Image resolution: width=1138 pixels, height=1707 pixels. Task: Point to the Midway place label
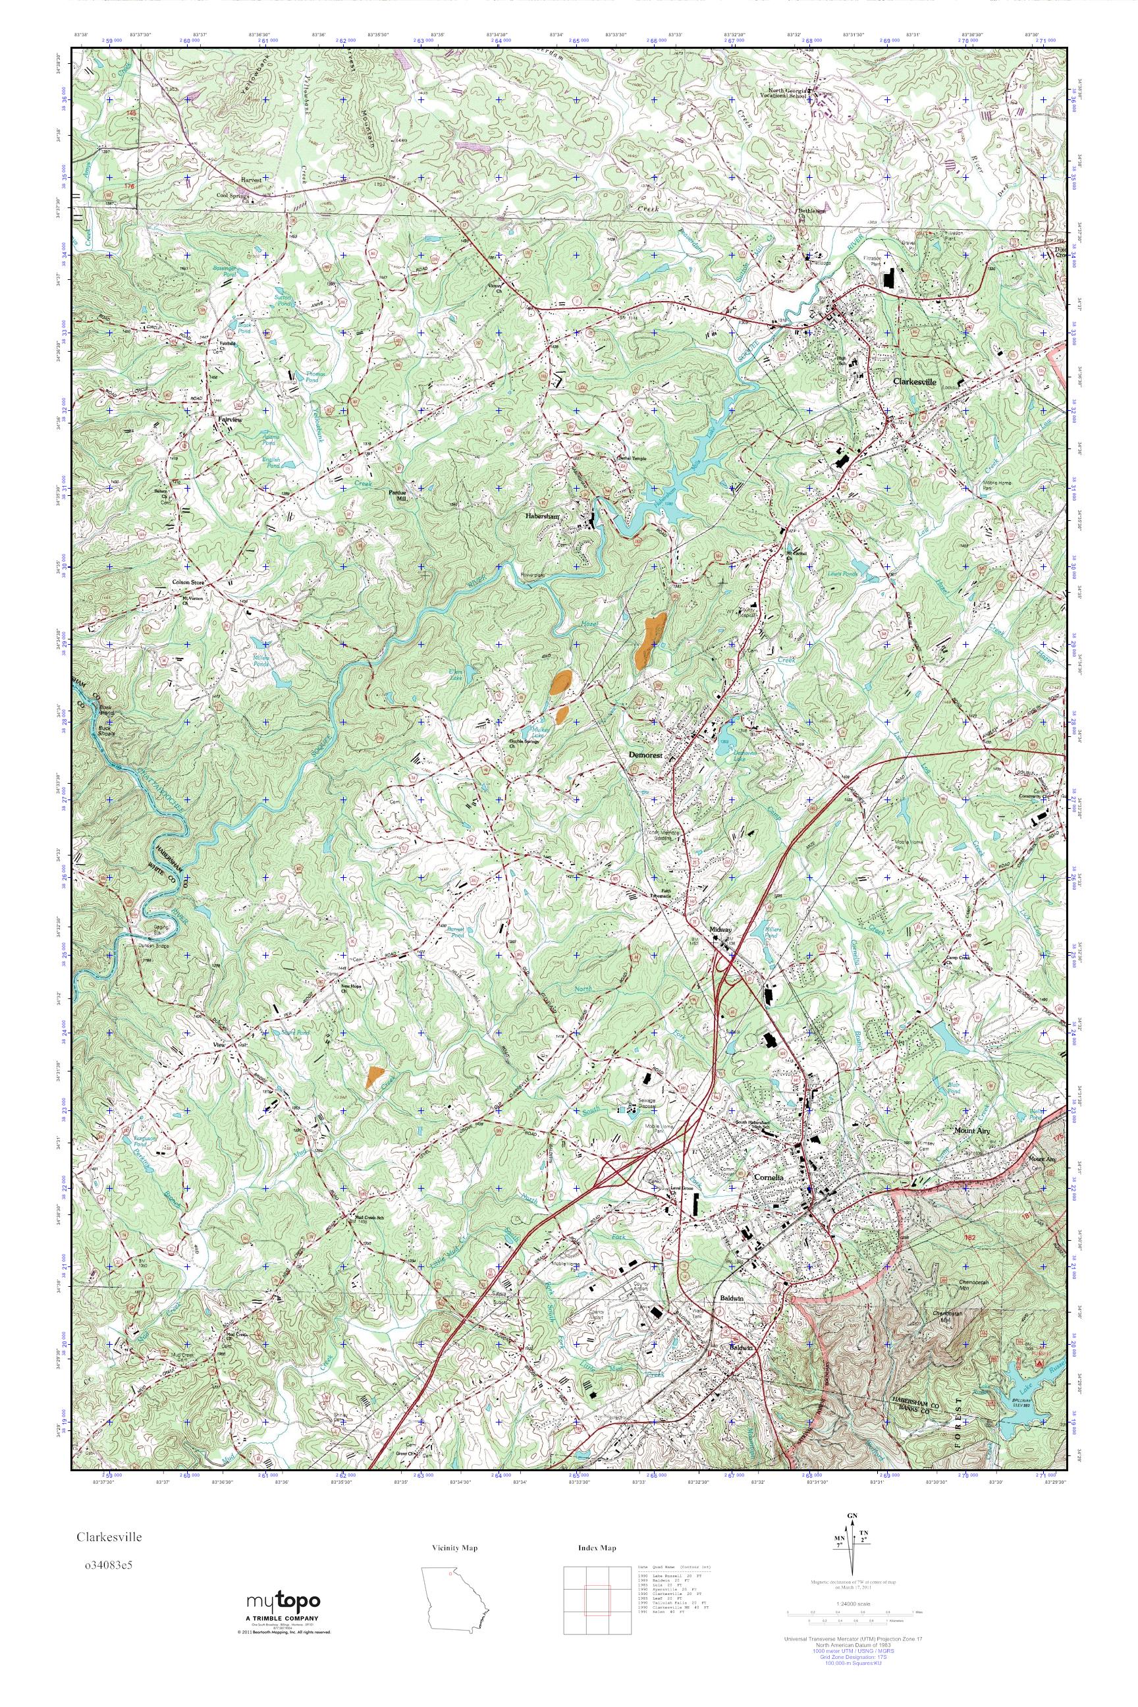pos(721,929)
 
